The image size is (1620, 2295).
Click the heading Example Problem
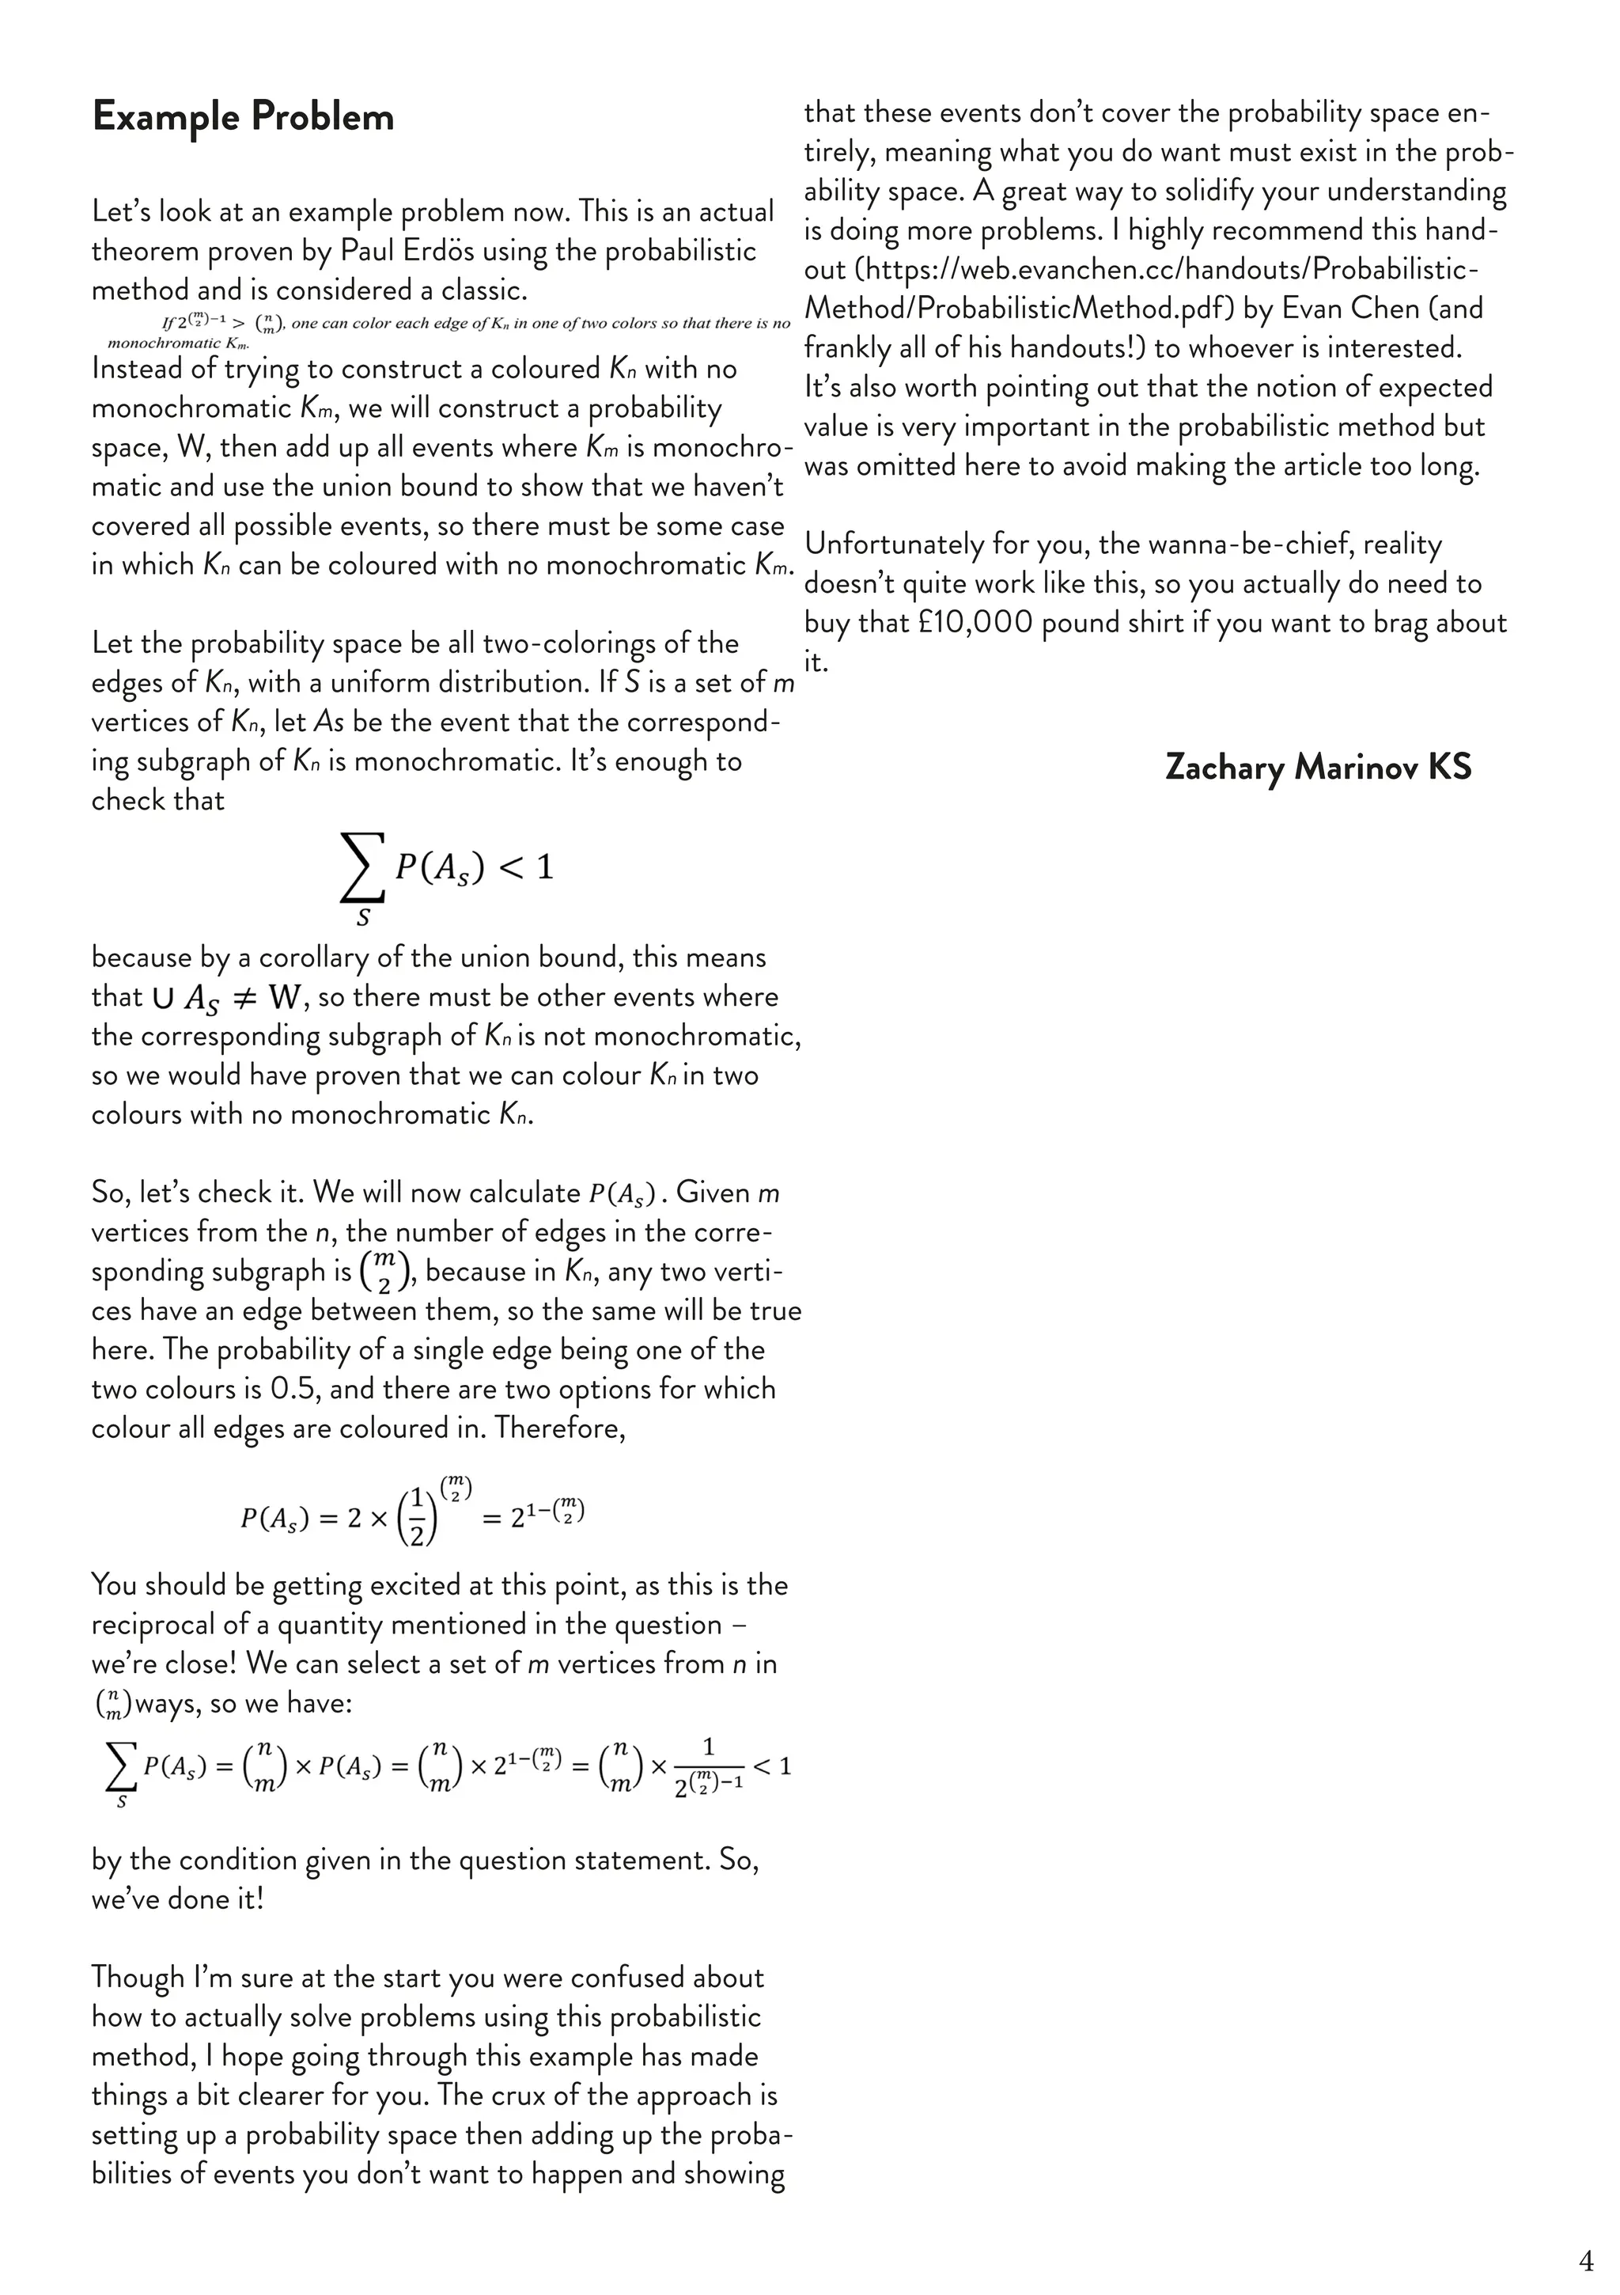(243, 117)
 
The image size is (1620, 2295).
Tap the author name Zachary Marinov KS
(1317, 768)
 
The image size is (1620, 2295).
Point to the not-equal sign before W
(244, 998)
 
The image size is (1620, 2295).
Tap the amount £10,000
(975, 623)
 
